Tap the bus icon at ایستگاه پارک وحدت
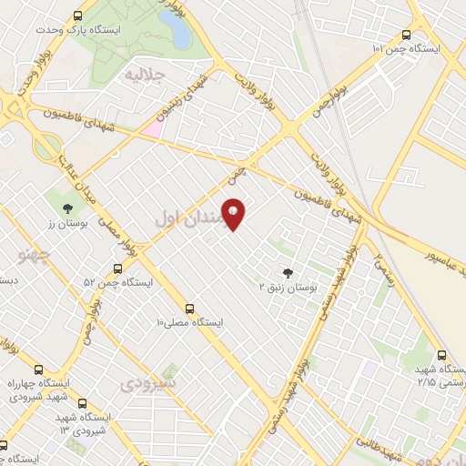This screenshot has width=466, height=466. [x=77, y=17]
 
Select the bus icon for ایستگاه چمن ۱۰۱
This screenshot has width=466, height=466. [x=406, y=35]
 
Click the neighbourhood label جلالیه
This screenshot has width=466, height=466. [x=145, y=72]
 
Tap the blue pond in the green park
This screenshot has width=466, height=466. [x=177, y=31]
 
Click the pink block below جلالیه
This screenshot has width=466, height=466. [x=151, y=130]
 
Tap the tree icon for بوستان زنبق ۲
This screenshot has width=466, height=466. [x=289, y=272]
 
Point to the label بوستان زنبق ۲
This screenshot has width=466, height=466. [x=288, y=287]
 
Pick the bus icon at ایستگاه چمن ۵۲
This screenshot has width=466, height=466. [x=117, y=268]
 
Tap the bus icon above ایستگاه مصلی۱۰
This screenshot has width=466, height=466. [x=189, y=309]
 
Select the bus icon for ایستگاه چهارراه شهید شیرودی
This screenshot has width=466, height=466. [x=38, y=370]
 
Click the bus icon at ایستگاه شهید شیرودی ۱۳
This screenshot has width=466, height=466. [x=84, y=403]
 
